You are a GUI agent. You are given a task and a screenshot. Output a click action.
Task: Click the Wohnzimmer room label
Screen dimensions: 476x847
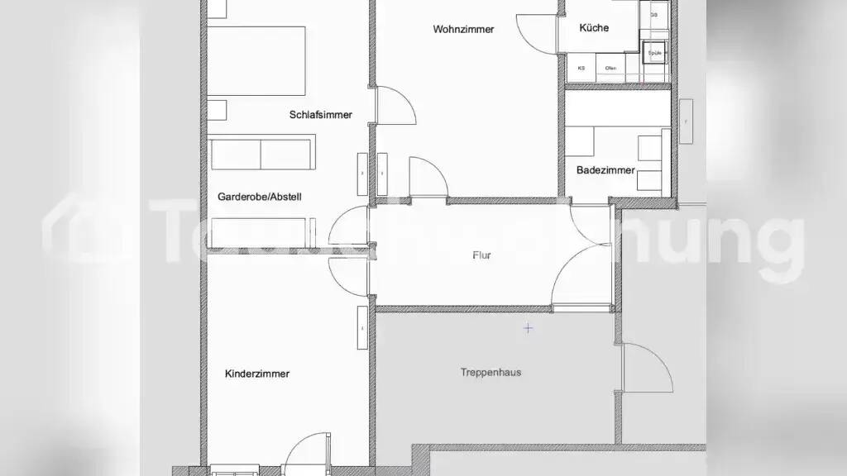click(463, 29)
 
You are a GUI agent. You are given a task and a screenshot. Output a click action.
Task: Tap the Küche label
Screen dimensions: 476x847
click(594, 27)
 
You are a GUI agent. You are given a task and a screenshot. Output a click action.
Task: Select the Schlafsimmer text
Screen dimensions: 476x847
click(320, 115)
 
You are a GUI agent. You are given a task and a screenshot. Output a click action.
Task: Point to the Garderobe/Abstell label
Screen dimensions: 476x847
click(259, 197)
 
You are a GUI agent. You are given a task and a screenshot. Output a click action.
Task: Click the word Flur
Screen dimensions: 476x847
click(481, 255)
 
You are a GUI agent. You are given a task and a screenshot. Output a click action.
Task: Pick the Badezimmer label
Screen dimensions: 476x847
click(605, 170)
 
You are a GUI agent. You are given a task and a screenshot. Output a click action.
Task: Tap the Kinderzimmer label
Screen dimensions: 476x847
click(257, 374)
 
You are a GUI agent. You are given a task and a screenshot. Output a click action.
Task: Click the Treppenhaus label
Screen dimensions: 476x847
click(490, 372)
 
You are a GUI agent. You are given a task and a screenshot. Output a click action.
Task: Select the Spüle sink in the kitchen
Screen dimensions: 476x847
click(656, 51)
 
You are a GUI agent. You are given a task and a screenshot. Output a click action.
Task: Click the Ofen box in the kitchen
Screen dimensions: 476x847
click(610, 69)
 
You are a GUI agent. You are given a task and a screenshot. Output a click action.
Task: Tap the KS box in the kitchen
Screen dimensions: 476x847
click(581, 69)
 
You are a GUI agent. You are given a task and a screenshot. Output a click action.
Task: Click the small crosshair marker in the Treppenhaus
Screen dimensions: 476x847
click(528, 328)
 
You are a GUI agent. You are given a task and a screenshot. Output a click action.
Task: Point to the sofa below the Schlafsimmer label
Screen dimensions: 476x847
click(261, 154)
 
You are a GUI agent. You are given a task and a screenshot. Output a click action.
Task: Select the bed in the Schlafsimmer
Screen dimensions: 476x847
click(256, 62)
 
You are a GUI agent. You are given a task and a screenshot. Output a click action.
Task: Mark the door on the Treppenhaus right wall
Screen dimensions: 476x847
click(645, 368)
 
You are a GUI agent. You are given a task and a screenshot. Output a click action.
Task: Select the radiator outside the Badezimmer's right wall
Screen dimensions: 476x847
click(685, 121)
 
